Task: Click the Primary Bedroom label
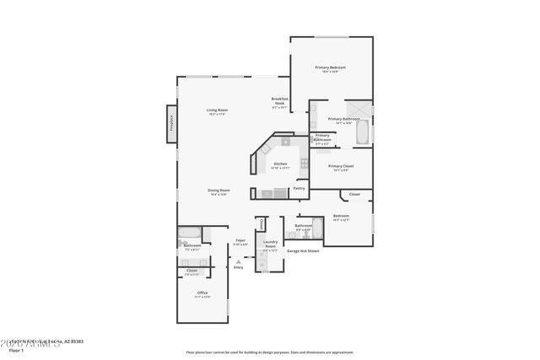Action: (331, 67)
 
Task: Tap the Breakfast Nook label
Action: (280, 101)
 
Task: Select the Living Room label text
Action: (218, 110)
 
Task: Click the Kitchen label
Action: (280, 164)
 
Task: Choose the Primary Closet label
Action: (341, 167)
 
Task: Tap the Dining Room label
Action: (219, 191)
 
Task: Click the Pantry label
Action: (299, 189)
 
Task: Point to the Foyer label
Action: (240, 240)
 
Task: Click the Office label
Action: (202, 293)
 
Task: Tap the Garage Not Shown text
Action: (303, 250)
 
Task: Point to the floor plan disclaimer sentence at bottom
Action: (270, 352)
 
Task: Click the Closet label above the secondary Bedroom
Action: (354, 195)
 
